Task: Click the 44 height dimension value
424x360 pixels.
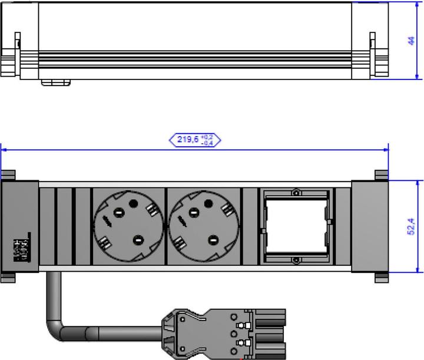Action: (411, 41)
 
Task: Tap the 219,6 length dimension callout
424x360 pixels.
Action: (194, 140)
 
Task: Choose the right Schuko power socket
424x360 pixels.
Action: (204, 225)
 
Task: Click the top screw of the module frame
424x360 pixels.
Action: (296, 193)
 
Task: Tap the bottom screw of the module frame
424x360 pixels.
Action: (296, 260)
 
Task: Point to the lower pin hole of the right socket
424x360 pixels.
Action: (213, 239)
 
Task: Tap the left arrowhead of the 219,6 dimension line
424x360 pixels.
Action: (4, 150)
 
